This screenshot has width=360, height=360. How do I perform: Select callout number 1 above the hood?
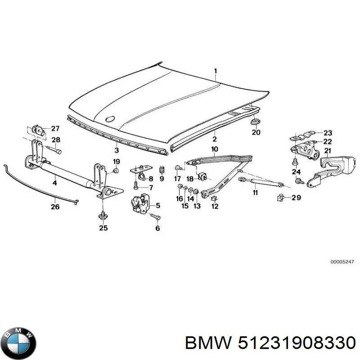click(215, 71)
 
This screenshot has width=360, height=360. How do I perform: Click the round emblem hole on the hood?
click(109, 119)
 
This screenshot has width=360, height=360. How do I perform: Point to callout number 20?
click(256, 132)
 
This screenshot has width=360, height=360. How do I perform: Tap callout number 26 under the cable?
click(55, 207)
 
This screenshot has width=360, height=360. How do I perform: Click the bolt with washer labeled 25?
click(103, 216)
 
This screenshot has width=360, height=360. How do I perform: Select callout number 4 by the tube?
click(54, 183)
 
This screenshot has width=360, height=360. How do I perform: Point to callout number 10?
click(215, 149)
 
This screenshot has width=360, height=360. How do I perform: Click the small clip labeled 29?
click(280, 197)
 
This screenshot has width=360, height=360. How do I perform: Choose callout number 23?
click(328, 133)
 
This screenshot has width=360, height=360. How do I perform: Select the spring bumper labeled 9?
click(162, 170)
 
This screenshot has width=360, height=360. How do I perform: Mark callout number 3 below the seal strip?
click(117, 150)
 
